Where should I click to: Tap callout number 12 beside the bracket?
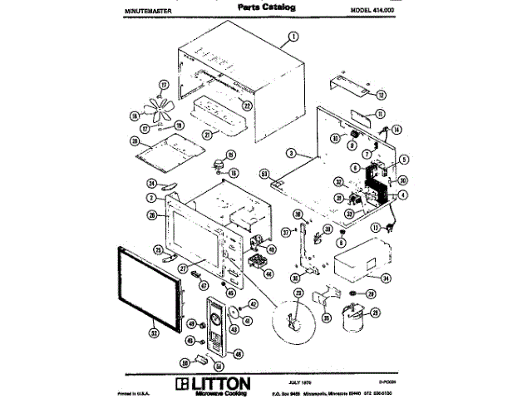(x=381, y=96)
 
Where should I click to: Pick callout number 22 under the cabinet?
(x=247, y=105)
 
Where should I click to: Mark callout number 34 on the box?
(x=385, y=279)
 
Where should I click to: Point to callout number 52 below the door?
(x=153, y=332)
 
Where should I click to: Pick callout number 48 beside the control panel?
(x=238, y=353)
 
